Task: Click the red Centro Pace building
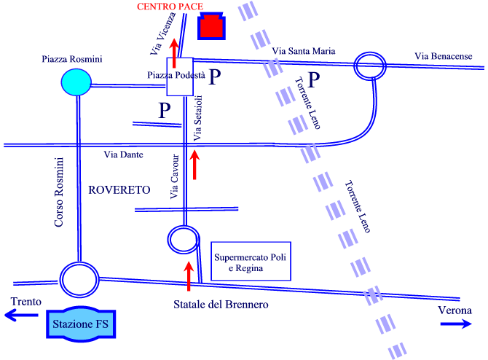[x=211, y=26]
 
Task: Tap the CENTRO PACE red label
[x=170, y=7]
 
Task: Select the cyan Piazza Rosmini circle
[x=76, y=82]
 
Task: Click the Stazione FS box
[x=81, y=324]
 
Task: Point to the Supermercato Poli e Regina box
[x=251, y=262]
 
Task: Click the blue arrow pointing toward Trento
[x=21, y=315]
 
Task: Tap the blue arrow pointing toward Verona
[x=456, y=324]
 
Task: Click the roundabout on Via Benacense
[x=370, y=52]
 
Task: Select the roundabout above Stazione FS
[x=79, y=263]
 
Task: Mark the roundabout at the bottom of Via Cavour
[x=184, y=227]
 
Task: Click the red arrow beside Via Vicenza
[x=174, y=53]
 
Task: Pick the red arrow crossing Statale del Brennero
[x=189, y=276]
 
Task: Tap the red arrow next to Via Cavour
[x=194, y=165]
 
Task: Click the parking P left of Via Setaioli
[x=165, y=110]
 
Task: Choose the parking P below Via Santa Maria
[x=314, y=79]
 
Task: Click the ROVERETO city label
[x=119, y=190]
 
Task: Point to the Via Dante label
[x=124, y=154]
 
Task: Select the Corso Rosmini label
[x=59, y=192]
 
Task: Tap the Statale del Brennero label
[x=221, y=305]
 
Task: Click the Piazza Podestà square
[x=180, y=77]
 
